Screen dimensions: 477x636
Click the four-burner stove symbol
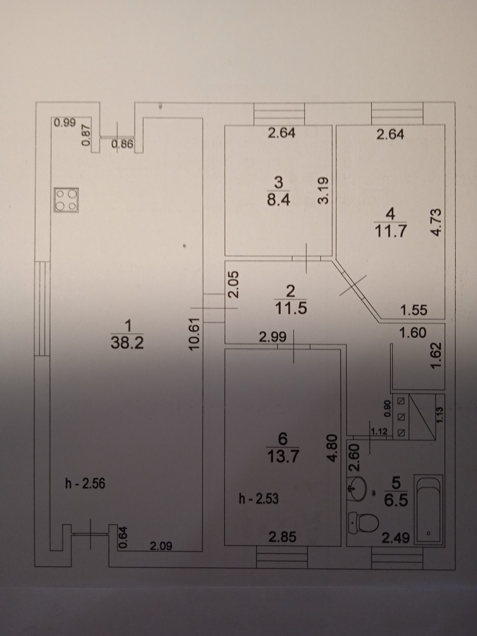(x=66, y=200)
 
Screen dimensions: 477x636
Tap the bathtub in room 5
(x=428, y=510)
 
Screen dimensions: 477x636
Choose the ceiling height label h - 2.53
(x=259, y=499)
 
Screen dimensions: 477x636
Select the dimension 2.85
(x=282, y=537)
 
